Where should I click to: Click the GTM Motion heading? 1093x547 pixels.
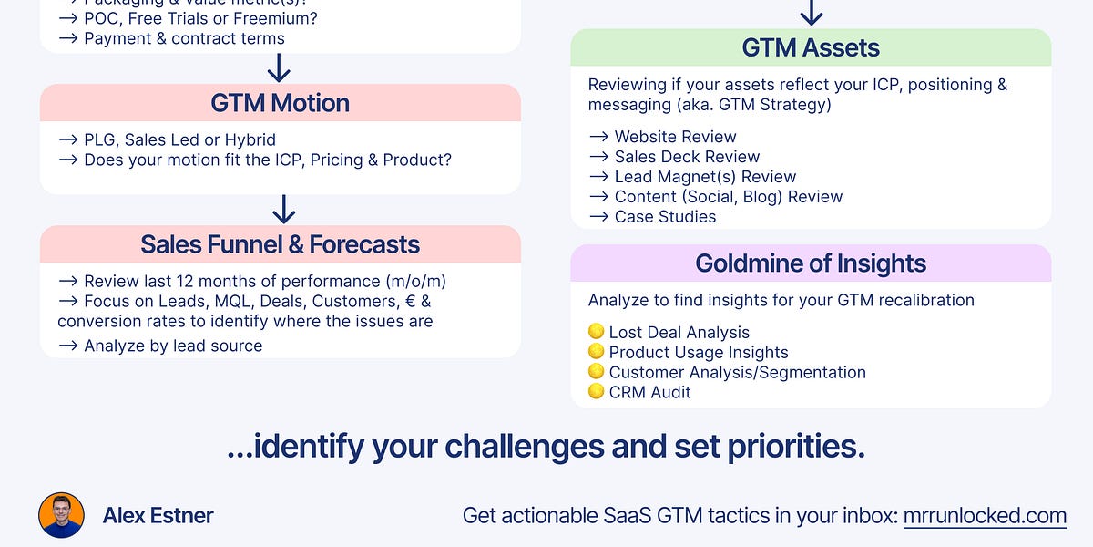tap(280, 103)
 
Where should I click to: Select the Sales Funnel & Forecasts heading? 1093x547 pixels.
tap(280, 244)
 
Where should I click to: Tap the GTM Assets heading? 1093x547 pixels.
tap(811, 47)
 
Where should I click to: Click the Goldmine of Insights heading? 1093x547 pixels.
tap(811, 263)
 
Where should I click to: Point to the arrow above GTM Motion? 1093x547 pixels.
tap(279, 68)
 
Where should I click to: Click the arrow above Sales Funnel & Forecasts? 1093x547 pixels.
tap(283, 210)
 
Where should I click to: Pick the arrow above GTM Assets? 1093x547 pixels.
tap(811, 13)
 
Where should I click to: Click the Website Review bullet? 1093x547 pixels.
tap(675, 137)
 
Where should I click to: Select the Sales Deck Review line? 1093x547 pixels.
tap(687, 157)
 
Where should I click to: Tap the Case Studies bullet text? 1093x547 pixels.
tap(665, 217)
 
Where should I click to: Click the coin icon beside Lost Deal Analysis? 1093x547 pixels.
tap(597, 332)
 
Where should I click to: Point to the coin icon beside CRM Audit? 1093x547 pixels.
tap(597, 392)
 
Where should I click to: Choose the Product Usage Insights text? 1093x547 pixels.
tap(699, 352)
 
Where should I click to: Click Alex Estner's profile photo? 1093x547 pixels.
tap(62, 515)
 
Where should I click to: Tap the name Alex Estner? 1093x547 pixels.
tap(158, 515)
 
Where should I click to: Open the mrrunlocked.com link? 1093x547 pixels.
tap(985, 515)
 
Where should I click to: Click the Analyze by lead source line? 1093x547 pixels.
tap(173, 346)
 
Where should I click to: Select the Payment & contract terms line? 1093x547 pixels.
tap(184, 38)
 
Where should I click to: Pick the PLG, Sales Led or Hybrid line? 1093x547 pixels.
tap(179, 139)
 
